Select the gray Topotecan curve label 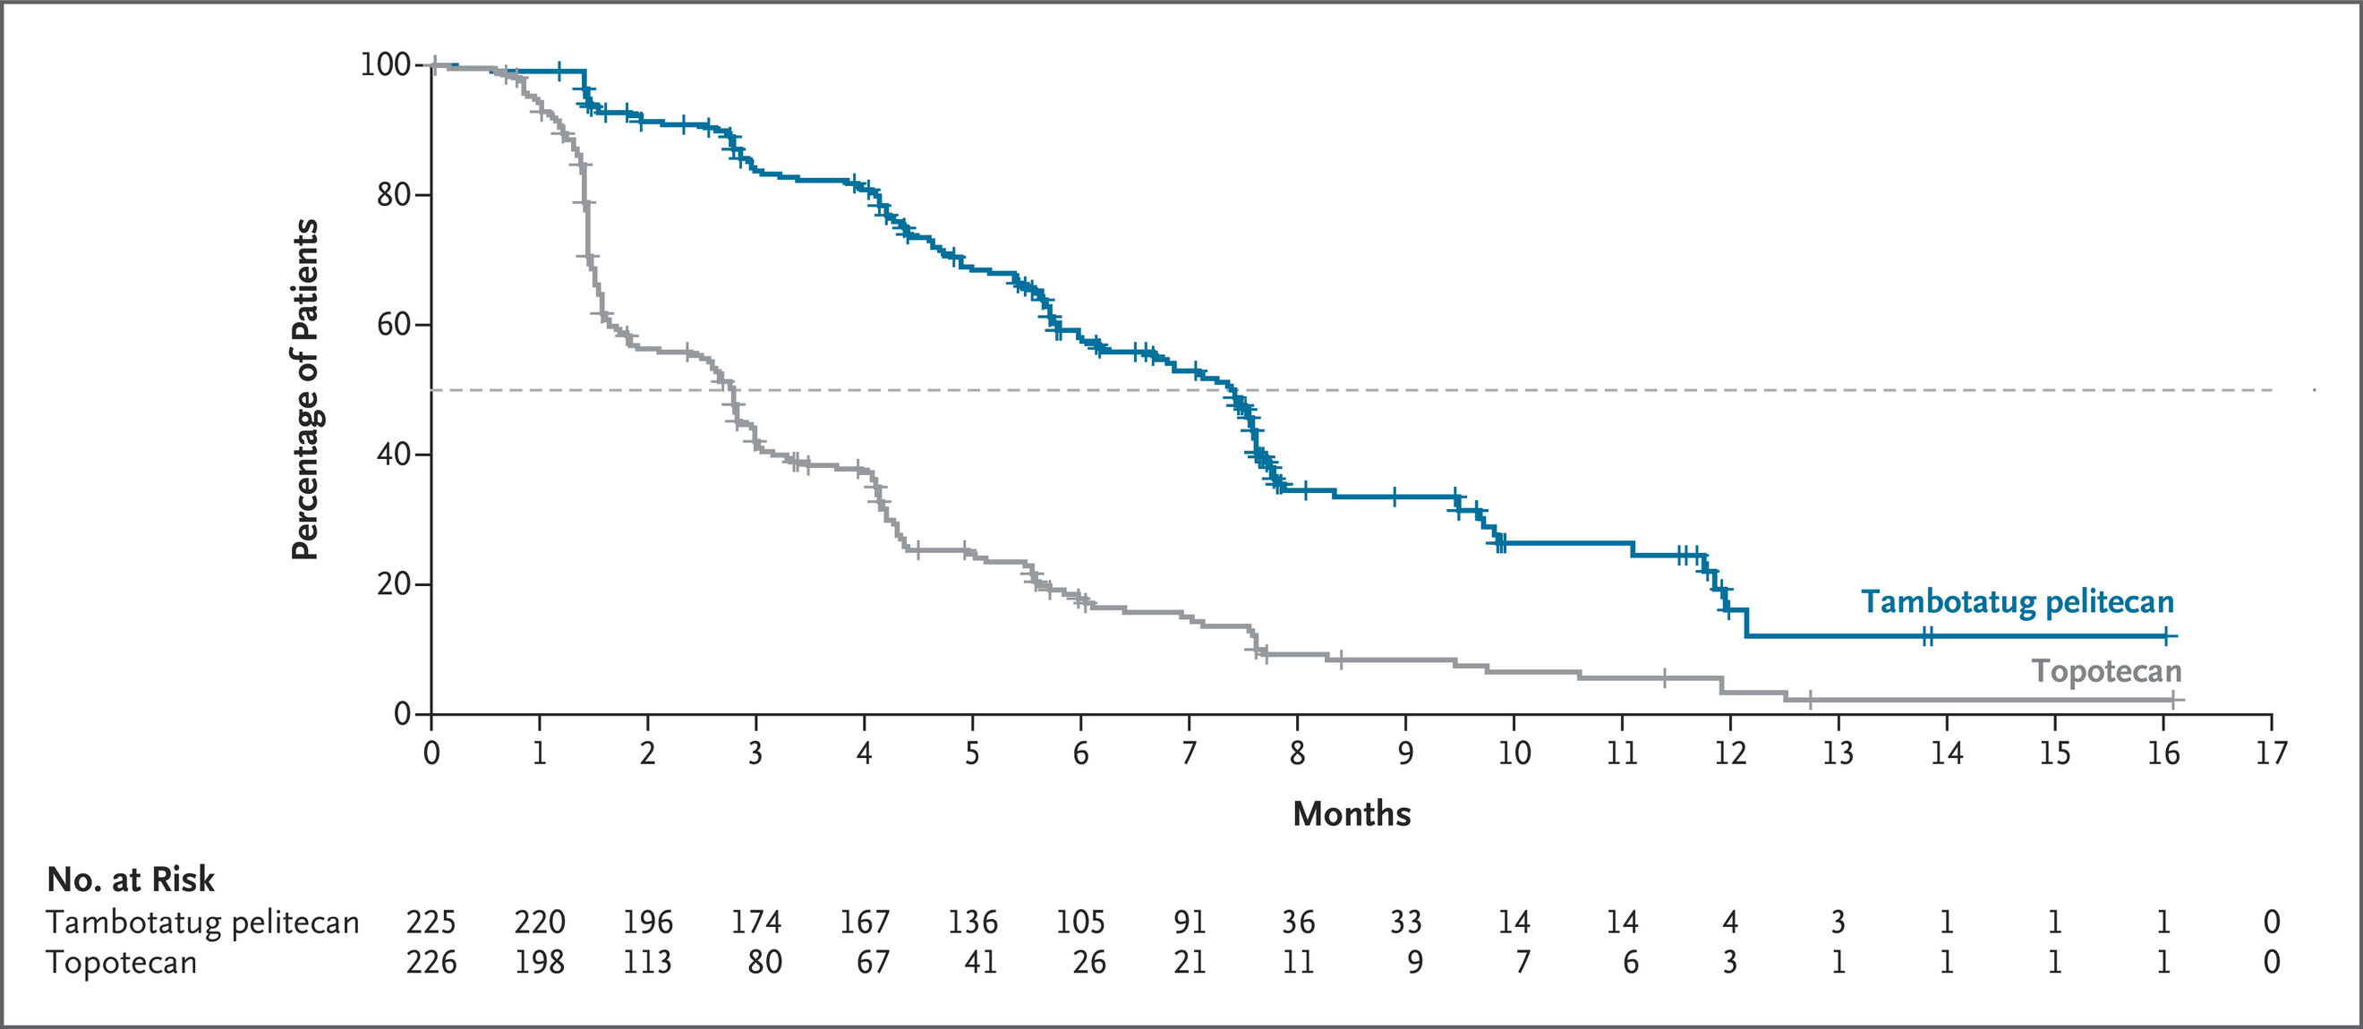[x=2106, y=671]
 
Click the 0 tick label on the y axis [x=402, y=713]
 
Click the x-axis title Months [x=1352, y=813]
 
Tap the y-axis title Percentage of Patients [x=304, y=390]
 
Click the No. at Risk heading [x=131, y=880]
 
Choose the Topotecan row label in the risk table [x=122, y=963]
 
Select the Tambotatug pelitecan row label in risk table [x=202, y=922]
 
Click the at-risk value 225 [x=431, y=921]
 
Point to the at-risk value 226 [x=431, y=962]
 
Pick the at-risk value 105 [x=1080, y=921]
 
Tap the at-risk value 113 [x=648, y=962]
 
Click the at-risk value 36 [x=1298, y=921]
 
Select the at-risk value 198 [x=540, y=962]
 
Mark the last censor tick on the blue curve [x=2166, y=635]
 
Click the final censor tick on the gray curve [x=2172, y=700]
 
